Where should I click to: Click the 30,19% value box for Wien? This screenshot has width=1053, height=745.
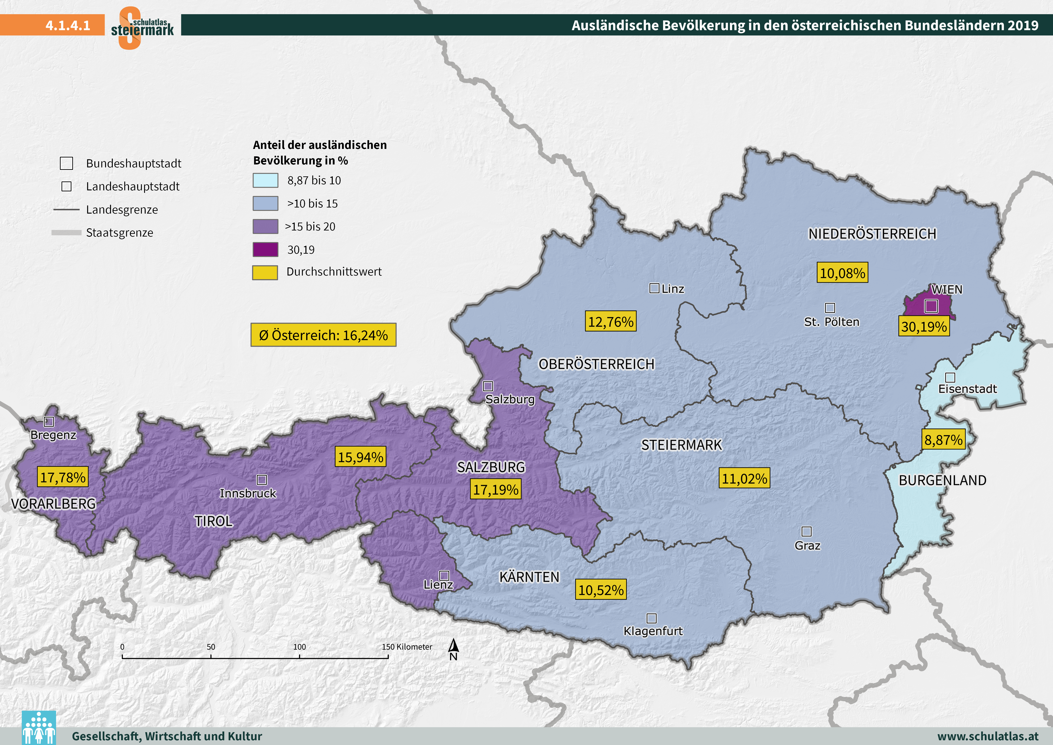tap(924, 327)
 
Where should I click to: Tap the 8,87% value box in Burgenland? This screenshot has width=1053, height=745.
tap(943, 440)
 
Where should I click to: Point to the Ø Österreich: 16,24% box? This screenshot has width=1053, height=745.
tap(323, 335)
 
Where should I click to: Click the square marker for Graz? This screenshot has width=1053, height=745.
tap(806, 532)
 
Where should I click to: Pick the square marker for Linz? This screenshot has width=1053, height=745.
tap(654, 288)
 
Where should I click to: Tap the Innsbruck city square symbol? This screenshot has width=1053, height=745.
tap(262, 480)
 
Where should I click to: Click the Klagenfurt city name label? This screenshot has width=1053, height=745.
tap(653, 631)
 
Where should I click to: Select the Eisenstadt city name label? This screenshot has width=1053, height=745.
tap(967, 389)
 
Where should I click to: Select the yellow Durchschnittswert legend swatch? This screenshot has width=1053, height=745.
tap(265, 272)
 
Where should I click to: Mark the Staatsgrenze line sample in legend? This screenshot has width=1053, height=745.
tap(66, 233)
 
